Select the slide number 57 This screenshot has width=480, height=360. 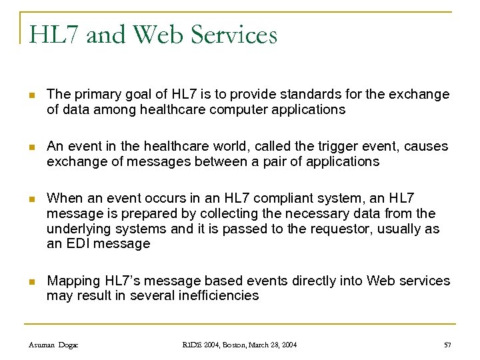click(447, 345)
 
